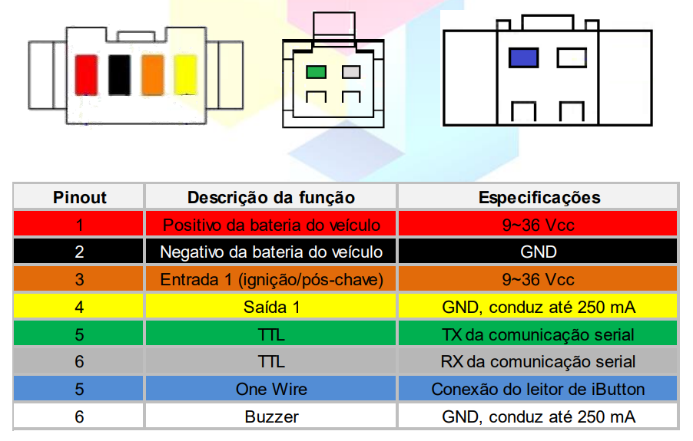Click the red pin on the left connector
[x=85, y=74]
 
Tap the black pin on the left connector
[x=118, y=74]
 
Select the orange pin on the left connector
[x=152, y=74]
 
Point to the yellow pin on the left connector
[x=185, y=74]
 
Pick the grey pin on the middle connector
[x=351, y=72]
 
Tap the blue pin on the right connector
[x=523, y=58]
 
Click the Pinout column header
[x=80, y=197]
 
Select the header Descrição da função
[x=271, y=197]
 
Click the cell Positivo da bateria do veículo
[x=271, y=225]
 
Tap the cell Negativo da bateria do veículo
[x=271, y=252]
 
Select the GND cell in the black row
[x=538, y=252]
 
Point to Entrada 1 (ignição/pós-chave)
[x=271, y=279]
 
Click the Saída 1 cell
[x=271, y=307]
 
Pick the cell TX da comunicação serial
[x=538, y=334]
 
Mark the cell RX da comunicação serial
[x=538, y=361]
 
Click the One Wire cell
[x=271, y=389]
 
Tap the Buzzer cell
[x=271, y=416]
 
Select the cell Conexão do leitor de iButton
[x=538, y=389]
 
